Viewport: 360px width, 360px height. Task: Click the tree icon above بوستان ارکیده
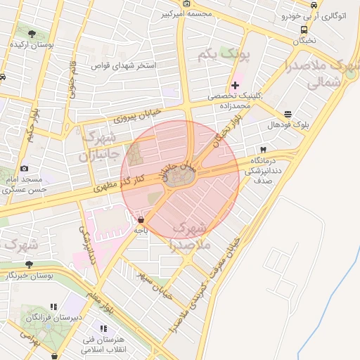pyautogui.click(x=29, y=32)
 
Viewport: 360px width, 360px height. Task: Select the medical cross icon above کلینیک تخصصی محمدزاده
pyautogui.click(x=235, y=85)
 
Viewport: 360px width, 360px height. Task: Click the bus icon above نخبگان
pyautogui.click(x=304, y=30)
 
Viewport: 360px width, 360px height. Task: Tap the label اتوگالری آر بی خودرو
pyautogui.click(x=312, y=15)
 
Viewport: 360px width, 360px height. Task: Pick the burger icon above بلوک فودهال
pyautogui.click(x=288, y=114)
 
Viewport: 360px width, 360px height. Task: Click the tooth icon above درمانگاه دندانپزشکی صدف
pyautogui.click(x=263, y=150)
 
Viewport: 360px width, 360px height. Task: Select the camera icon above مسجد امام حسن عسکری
pyautogui.click(x=25, y=168)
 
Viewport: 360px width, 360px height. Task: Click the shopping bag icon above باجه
pyautogui.click(x=141, y=219)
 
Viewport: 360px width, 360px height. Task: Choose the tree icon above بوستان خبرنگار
pyautogui.click(x=29, y=264)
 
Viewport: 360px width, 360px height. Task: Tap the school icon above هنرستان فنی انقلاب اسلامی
pyautogui.click(x=104, y=328)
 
